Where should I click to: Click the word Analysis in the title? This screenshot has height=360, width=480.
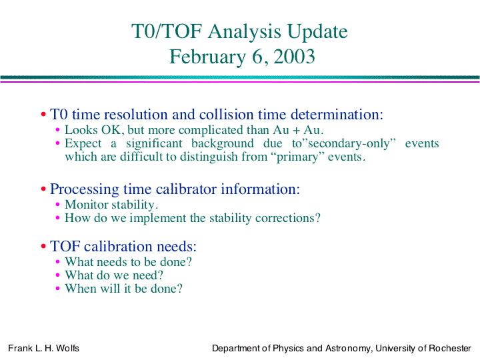point(244,32)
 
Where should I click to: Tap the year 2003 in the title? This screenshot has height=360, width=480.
point(294,56)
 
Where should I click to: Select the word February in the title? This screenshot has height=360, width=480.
point(208,57)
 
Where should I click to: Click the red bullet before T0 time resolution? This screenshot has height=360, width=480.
point(43,115)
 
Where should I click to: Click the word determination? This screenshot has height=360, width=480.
point(337,114)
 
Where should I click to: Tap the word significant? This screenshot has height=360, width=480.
point(154,143)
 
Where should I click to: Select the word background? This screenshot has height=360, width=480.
point(223,143)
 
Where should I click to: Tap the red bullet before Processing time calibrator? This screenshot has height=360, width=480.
point(43,189)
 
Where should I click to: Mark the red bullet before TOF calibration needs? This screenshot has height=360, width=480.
point(43,246)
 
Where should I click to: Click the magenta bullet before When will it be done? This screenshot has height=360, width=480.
point(57,289)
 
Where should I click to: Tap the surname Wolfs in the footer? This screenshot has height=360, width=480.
point(67,349)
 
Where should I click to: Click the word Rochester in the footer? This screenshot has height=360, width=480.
point(450,349)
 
